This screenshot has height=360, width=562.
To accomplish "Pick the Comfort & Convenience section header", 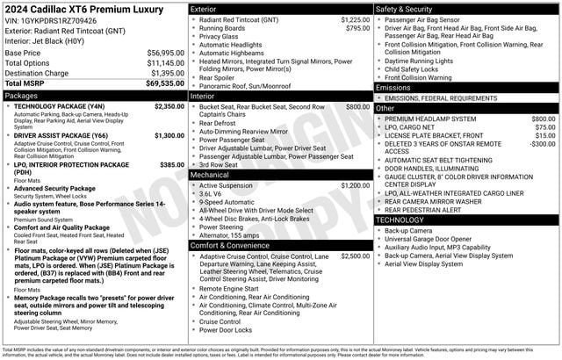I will point(233,245).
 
